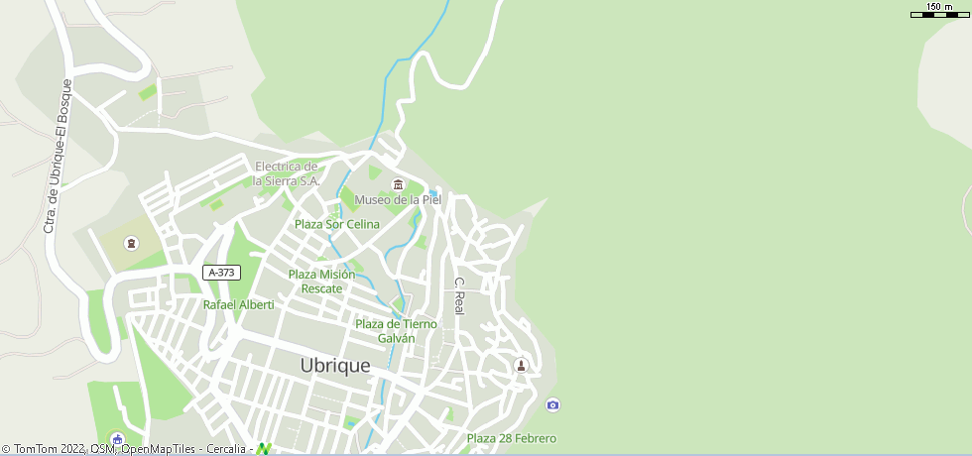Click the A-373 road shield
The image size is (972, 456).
(x=221, y=273)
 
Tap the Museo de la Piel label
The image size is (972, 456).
(x=398, y=199)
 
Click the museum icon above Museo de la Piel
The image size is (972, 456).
(x=398, y=183)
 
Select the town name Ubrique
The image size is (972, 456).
(x=335, y=366)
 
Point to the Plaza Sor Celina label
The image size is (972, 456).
(x=336, y=224)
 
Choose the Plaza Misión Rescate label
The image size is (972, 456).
(x=321, y=282)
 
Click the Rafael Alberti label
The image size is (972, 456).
(x=238, y=305)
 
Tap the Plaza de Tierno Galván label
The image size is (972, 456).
(x=396, y=331)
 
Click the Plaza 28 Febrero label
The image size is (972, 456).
(x=511, y=438)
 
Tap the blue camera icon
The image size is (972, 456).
(x=552, y=404)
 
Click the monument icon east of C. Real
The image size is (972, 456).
(x=521, y=366)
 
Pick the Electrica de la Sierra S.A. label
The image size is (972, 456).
(x=287, y=173)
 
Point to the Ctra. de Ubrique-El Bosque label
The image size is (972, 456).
(x=59, y=157)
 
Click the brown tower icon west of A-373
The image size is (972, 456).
(x=131, y=244)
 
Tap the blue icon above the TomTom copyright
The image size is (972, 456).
(x=117, y=439)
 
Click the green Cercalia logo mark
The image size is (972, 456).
(x=264, y=449)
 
